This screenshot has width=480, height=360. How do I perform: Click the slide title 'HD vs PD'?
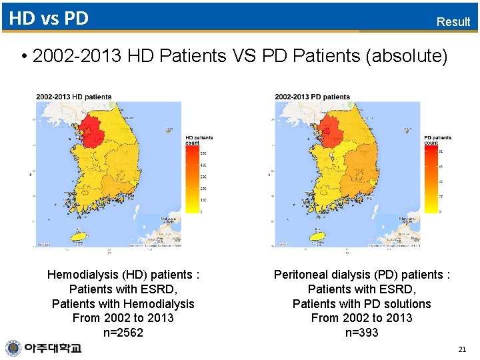coord(49,18)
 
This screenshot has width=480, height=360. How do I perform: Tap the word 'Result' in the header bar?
coord(453,21)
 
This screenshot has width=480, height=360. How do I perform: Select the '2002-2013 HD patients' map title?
coord(74,97)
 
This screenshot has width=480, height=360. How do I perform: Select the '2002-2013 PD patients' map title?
coord(312,97)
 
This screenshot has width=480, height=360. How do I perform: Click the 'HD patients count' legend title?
coord(199,140)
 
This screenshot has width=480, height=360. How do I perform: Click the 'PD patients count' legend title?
coord(437,140)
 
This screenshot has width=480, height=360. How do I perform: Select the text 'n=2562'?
coord(123,333)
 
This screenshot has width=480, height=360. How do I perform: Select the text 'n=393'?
coord(361,333)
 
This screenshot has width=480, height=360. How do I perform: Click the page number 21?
coord(462,349)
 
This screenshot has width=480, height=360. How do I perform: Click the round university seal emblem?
coord(13,348)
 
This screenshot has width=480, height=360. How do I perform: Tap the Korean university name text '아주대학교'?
coord(53,348)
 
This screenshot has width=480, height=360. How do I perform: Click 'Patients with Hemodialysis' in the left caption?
coord(123,303)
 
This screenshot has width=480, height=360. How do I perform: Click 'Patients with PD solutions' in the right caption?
coord(361,303)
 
